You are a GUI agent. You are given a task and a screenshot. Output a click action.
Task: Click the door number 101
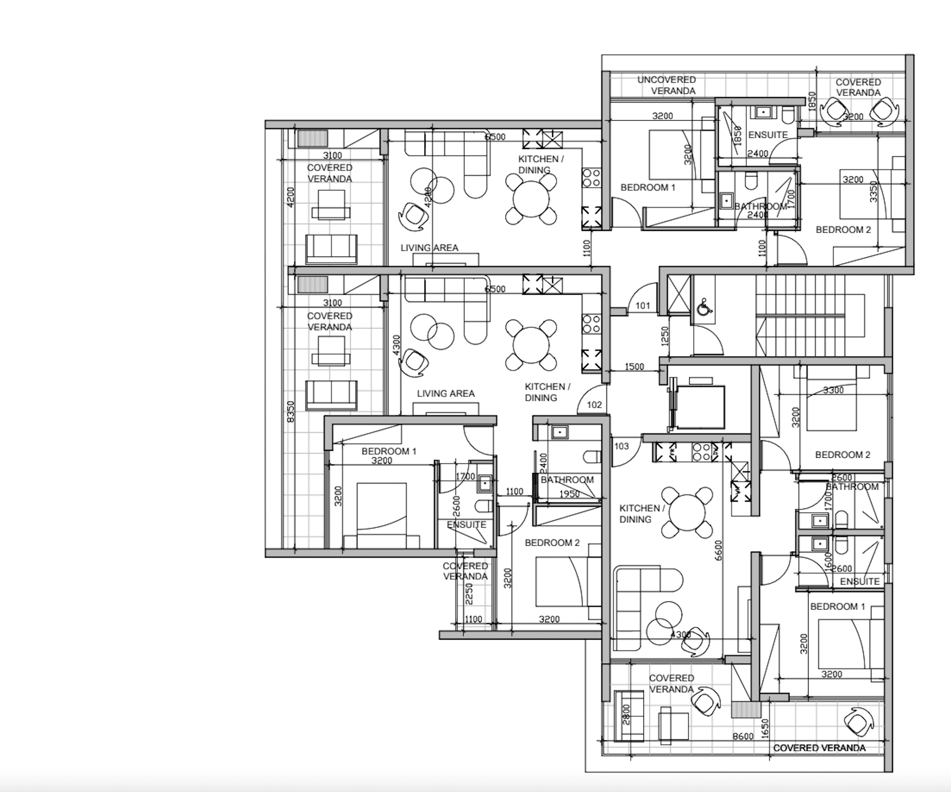click(643, 306)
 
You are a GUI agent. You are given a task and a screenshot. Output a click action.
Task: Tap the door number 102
click(594, 405)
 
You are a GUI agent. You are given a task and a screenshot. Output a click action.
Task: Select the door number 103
click(621, 446)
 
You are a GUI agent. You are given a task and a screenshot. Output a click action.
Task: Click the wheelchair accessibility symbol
click(703, 307)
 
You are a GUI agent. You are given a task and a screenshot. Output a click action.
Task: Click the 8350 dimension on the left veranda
click(291, 411)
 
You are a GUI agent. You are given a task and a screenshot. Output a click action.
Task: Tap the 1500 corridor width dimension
click(634, 367)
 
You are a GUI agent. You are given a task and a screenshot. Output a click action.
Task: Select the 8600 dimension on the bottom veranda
click(743, 736)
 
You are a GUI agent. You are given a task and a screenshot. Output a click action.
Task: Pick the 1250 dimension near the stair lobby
click(665, 336)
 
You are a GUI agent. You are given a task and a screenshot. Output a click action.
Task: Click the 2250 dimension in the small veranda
click(469, 594)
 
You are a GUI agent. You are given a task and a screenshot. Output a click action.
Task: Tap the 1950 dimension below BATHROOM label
click(569, 494)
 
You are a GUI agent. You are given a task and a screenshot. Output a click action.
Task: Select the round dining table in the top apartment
click(531, 199)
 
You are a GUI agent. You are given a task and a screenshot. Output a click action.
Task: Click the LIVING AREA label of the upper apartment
click(429, 248)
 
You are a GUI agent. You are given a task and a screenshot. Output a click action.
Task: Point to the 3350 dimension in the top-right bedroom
click(874, 191)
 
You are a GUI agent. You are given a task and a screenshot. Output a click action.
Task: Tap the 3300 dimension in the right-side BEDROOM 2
click(833, 390)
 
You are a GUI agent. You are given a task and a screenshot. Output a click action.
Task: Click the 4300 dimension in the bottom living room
click(680, 634)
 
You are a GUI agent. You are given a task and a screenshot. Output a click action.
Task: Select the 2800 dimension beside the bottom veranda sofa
click(626, 714)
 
